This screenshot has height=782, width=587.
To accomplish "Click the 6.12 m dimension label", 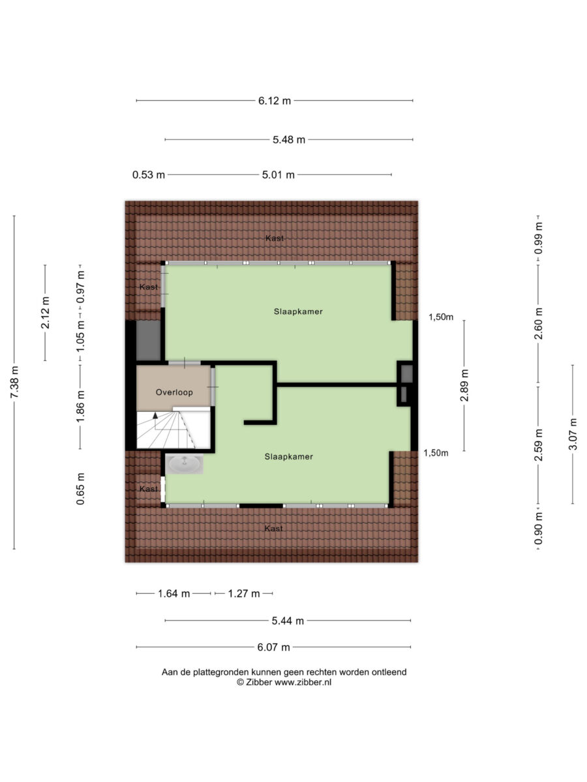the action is click(275, 101).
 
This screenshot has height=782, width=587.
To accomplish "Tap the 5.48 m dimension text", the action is click(289, 139).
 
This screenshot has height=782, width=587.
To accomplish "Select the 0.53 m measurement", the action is click(149, 175).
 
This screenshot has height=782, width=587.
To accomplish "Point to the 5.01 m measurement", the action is click(278, 175).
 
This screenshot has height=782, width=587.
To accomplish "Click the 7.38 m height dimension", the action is click(14, 383).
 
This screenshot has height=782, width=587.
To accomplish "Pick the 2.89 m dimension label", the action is click(464, 386).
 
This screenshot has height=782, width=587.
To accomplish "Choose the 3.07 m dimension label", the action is click(573, 434).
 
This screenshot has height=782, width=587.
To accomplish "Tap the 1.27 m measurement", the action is click(244, 594).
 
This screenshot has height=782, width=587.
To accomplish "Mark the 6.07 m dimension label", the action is click(273, 647).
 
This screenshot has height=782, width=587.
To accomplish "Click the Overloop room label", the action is click(174, 392).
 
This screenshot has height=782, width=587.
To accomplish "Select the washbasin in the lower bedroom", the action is click(185, 463).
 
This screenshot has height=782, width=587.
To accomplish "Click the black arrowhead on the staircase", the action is click(155, 415).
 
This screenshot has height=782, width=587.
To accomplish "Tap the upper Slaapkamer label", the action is click(298, 311).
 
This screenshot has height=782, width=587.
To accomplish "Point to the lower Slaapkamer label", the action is click(289, 456).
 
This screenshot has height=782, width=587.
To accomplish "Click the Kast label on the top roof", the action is click(275, 238).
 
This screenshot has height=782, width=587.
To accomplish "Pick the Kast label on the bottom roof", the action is click(274, 529).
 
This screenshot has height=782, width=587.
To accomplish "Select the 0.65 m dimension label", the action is click(80, 489).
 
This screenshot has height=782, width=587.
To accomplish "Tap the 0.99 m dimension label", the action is click(539, 238).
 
